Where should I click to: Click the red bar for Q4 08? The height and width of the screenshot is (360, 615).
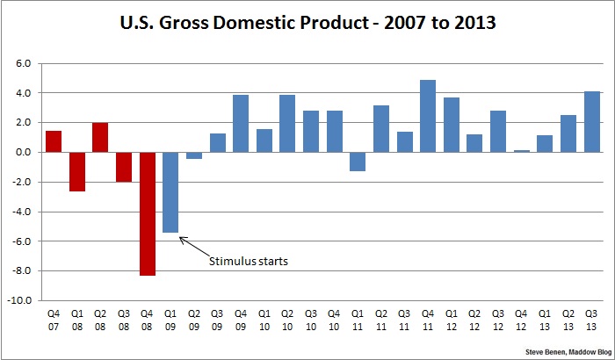click(x=147, y=213)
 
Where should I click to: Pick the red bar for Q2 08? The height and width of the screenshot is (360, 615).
click(x=100, y=137)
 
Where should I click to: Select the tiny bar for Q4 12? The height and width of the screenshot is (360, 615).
click(x=522, y=151)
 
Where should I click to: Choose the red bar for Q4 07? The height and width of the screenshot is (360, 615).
click(x=53, y=141)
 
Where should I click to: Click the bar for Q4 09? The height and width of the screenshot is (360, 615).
click(x=241, y=124)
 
